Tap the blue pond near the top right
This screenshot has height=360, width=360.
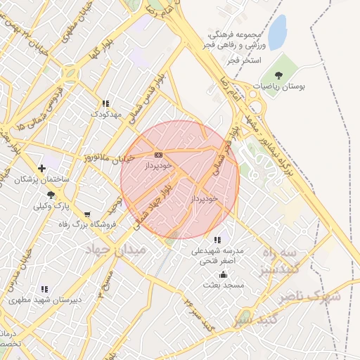278,30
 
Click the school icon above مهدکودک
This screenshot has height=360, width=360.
105,103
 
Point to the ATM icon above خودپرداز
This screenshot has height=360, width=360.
157,155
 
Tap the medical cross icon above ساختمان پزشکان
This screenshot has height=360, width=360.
42,168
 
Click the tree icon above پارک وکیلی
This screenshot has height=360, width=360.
50,194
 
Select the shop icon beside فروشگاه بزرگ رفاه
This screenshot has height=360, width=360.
86,214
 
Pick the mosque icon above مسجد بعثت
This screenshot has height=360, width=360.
223,274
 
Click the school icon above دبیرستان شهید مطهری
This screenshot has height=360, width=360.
45,288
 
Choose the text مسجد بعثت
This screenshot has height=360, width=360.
223,285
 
